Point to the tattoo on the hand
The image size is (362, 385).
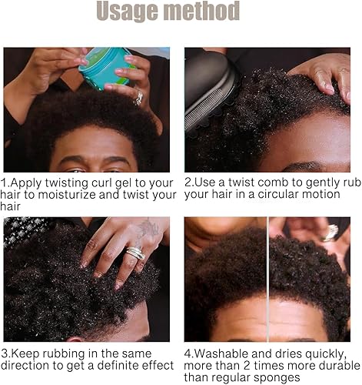tap(148, 229)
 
